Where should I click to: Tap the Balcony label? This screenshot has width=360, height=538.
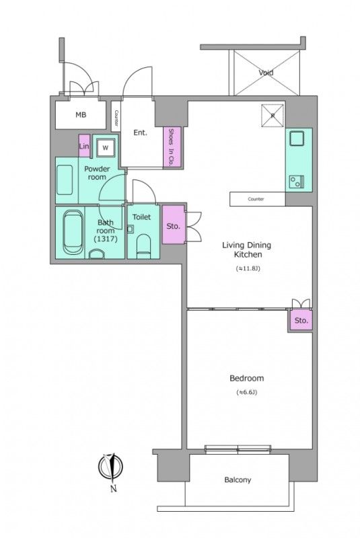click(x=238, y=479)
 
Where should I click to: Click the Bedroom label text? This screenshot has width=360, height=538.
click(x=247, y=378)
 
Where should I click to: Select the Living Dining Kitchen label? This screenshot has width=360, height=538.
click(x=247, y=249)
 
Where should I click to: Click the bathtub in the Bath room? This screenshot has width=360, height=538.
click(x=73, y=232)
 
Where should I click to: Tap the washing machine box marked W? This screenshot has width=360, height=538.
click(x=106, y=148)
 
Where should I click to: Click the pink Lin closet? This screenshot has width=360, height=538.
click(x=84, y=146)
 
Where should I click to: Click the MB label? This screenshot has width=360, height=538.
click(x=81, y=114)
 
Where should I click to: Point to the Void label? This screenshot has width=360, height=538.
click(x=266, y=73)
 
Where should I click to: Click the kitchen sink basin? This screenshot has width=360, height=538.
click(x=297, y=139)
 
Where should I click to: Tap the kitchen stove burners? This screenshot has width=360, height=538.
click(x=297, y=181)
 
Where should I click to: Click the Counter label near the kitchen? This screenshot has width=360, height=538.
click(x=256, y=199)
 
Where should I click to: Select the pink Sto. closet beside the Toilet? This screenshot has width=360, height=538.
click(x=174, y=225)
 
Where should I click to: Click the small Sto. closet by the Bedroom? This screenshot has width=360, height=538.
click(x=301, y=320)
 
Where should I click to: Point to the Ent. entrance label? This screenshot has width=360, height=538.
click(x=140, y=132)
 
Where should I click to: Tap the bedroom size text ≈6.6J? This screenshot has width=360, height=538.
click(x=247, y=392)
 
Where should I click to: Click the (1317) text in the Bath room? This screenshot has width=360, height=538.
click(x=106, y=239)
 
